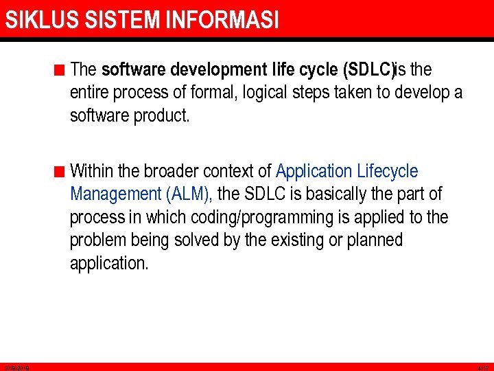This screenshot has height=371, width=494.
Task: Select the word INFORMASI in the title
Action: pos(222,20)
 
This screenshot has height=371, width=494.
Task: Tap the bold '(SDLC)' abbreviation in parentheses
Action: pos(368,69)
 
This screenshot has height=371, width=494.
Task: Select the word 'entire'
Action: pos(91,93)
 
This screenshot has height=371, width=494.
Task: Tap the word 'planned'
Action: pos(374,241)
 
